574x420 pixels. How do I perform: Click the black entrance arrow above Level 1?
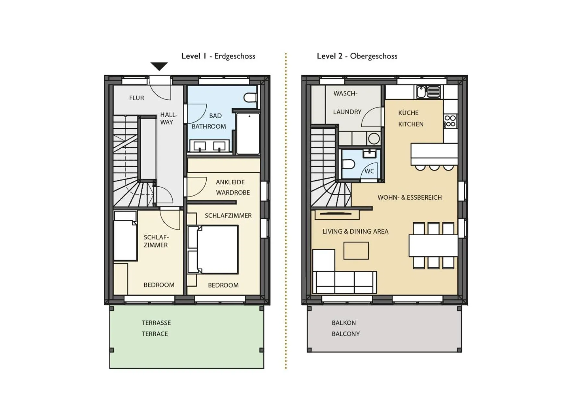pos(159,66)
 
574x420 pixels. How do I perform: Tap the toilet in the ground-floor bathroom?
pos(250,97)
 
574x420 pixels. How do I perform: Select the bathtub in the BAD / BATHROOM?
pos(248,133)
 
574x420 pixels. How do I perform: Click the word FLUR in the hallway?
pos(136,98)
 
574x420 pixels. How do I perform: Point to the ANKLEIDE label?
pos(230,182)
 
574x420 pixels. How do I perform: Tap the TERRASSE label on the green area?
pos(156,323)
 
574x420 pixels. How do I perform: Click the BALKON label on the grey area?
pos(343,323)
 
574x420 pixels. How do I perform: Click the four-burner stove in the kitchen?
pos(450,121)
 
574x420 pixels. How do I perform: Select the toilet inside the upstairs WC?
pos(348,164)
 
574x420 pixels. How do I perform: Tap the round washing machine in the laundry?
pos(374,139)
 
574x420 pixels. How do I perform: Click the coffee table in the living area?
pos(356,251)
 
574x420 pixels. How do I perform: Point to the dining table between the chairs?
pos(433,246)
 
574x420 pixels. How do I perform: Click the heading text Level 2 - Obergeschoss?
pos(357,56)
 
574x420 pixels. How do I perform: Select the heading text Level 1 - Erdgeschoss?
pos(218,56)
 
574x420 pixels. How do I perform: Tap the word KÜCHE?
pos(408,113)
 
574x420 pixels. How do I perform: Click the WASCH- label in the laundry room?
pos(345,93)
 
